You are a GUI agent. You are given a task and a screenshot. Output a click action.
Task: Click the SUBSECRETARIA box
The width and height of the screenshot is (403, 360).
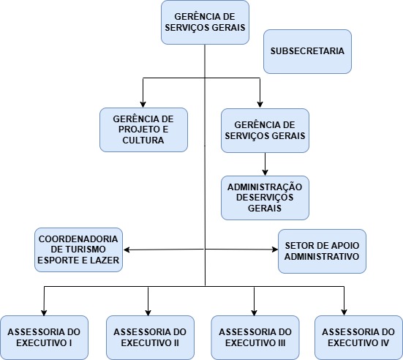click(x=307, y=51)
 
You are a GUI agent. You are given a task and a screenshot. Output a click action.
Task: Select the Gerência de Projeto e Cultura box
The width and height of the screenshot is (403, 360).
click(x=143, y=130)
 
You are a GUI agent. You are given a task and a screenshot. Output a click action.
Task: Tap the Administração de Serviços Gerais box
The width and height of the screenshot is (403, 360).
click(x=265, y=198)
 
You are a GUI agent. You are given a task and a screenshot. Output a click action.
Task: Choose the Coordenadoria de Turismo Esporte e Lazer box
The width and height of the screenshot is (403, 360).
click(x=79, y=250)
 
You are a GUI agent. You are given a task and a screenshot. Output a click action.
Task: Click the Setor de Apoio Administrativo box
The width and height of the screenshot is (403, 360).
click(x=322, y=251)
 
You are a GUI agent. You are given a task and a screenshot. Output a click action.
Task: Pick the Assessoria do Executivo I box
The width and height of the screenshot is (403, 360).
click(x=44, y=337)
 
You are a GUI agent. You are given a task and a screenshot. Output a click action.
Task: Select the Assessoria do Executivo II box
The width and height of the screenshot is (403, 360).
click(x=150, y=337)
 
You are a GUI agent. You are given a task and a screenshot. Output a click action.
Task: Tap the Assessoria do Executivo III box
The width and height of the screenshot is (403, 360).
click(x=255, y=337)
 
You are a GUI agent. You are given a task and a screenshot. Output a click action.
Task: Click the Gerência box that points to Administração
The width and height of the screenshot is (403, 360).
click(x=265, y=131)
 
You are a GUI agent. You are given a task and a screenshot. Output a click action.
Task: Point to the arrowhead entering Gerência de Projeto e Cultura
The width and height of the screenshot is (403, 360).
click(x=143, y=105)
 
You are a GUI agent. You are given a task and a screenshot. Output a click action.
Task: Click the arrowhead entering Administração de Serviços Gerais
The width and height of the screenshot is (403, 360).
click(x=265, y=172)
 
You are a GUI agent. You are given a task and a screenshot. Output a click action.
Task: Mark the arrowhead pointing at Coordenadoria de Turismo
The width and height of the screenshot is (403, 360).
click(x=127, y=250)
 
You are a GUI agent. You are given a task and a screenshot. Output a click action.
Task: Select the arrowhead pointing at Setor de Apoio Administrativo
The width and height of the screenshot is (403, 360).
click(x=275, y=250)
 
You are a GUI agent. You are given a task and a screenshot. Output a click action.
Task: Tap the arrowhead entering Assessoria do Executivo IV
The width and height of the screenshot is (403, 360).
click(x=344, y=312)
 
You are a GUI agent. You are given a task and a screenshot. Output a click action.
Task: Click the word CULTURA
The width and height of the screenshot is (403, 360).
click(x=143, y=140)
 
